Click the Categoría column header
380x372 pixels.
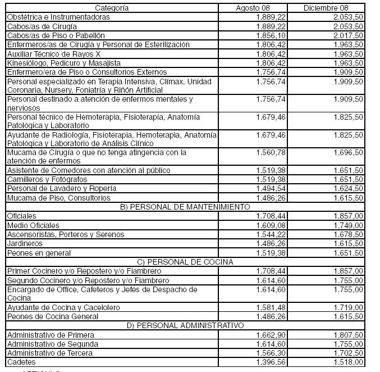tap(112, 8)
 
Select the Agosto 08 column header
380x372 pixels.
tap(253, 8)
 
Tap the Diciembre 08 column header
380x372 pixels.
tap(326, 8)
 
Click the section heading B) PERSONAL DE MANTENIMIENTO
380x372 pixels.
tap(185, 207)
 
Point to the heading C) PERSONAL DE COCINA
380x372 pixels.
tap(185, 261)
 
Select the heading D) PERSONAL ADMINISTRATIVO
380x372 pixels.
tap(185, 325)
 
